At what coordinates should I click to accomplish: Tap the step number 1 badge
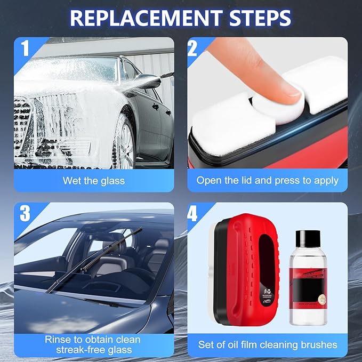coord(24,48)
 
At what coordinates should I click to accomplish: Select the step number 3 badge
coord(24,213)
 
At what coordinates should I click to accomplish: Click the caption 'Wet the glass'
coord(93,180)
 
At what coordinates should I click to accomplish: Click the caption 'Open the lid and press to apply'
coord(267,180)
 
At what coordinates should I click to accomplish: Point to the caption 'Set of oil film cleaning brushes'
coord(267,344)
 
